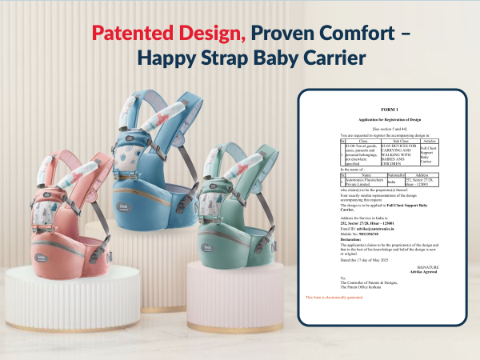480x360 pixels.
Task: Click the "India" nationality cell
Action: tap(391, 182)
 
